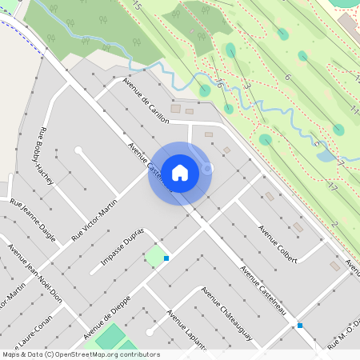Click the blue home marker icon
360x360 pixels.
pos(180,173)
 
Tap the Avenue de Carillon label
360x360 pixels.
pos(146,101)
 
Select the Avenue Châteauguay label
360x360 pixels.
pos(228,314)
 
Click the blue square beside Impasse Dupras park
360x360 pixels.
pos(166,258)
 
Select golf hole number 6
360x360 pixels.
pos(286,77)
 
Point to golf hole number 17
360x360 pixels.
pos(332,187)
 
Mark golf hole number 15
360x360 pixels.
pos(137,6)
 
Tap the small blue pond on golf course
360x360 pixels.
pos(325,155)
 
